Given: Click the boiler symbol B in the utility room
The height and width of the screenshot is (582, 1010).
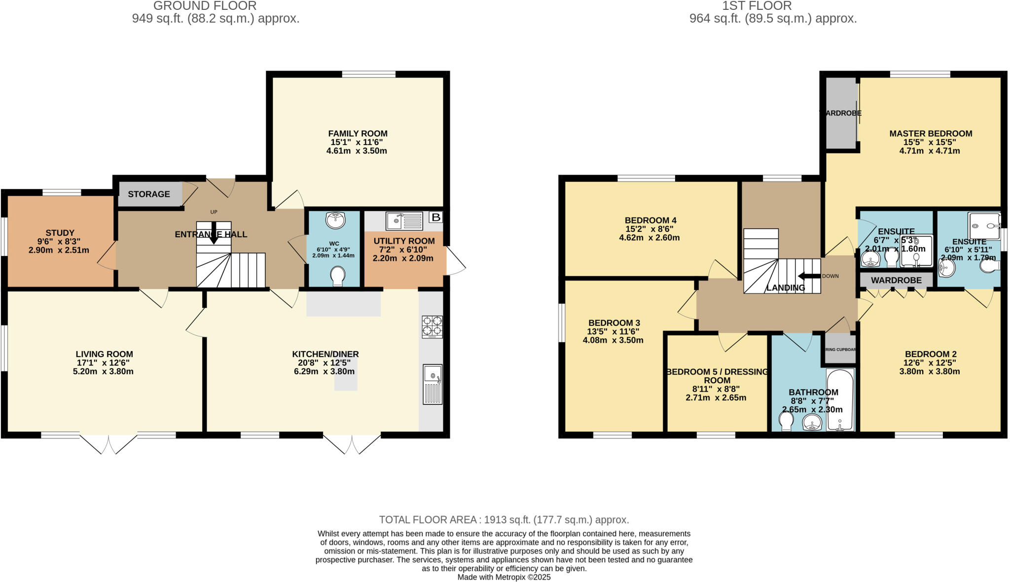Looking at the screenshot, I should [436, 218].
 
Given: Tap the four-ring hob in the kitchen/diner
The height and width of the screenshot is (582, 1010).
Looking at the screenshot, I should [432, 327].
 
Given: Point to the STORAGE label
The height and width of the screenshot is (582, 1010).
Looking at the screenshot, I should [149, 194].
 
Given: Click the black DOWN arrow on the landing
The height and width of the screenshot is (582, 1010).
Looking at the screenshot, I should [809, 276].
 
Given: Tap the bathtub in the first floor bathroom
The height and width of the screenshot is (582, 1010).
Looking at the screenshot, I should [840, 400].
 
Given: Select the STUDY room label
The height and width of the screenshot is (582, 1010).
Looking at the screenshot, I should [60, 233].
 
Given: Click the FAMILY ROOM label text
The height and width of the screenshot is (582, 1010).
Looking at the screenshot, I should [358, 134].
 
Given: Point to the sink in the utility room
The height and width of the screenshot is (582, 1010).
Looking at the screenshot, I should [404, 221].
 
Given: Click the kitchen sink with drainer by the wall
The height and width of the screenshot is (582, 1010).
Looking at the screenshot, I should [433, 384].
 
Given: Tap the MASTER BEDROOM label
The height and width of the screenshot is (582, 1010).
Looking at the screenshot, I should [931, 134].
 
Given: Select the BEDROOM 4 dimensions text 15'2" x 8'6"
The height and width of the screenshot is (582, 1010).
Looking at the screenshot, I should [649, 229].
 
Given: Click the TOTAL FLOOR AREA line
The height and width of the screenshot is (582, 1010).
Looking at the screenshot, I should [504, 520].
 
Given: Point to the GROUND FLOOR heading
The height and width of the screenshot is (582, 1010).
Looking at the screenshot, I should [205, 6].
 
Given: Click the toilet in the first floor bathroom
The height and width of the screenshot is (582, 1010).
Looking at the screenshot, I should [786, 421].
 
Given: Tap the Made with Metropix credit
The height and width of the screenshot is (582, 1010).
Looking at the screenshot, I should [504, 577].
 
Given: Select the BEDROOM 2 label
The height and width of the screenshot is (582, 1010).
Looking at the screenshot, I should [931, 354].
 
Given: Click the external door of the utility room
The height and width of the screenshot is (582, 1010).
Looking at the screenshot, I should [456, 261].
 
